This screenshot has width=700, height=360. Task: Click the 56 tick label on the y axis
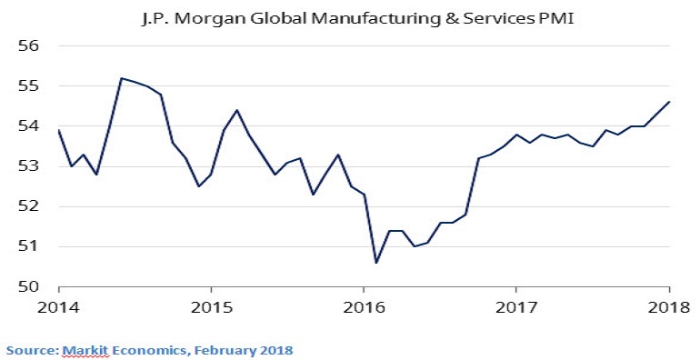point(28,46)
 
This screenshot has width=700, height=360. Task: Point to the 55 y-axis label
point(28,85)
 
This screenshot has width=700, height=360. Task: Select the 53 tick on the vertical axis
point(28,166)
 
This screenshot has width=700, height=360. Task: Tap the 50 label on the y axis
point(28,286)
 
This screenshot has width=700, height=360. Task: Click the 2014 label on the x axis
point(58,307)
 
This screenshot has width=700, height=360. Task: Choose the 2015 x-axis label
point(211,307)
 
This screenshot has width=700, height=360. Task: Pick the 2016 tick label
point(364,307)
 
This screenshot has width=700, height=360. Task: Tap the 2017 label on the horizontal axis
point(515,307)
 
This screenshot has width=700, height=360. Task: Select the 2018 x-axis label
point(669,307)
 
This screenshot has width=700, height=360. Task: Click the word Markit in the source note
point(85,350)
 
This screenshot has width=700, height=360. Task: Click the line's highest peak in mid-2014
point(122,78)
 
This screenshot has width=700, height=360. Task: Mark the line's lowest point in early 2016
point(376,263)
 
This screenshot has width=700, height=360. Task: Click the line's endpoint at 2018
point(669,102)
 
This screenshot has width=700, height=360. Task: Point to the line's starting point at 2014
point(58,129)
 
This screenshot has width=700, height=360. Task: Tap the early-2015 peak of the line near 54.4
point(236,110)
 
